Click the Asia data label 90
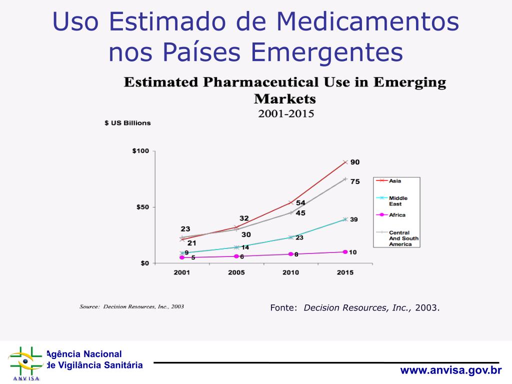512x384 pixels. (354, 162)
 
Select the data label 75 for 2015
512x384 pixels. (354, 182)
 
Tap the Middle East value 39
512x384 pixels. (353, 219)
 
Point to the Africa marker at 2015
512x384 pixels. (345, 252)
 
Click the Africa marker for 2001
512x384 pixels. (182, 257)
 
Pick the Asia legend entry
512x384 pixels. (395, 181)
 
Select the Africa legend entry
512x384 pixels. (397, 215)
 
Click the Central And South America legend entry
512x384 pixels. (399, 238)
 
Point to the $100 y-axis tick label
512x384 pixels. (140, 151)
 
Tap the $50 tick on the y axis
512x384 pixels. (142, 207)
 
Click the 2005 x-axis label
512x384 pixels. (236, 272)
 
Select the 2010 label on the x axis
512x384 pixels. (290, 272)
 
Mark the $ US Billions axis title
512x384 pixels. (127, 123)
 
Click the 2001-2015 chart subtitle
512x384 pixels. (286, 113)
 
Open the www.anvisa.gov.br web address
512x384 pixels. (450, 370)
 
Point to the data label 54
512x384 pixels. (300, 203)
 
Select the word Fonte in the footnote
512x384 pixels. (283, 307)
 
